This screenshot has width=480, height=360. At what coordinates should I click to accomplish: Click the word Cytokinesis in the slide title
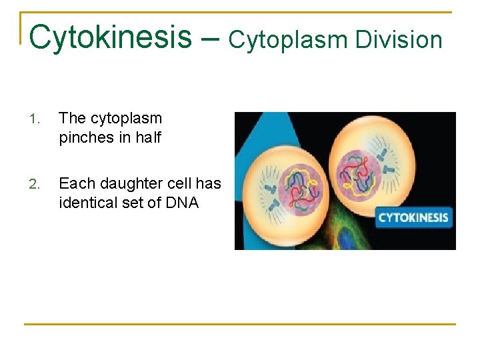tap(111, 37)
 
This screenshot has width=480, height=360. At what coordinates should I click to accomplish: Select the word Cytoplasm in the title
tap(288, 40)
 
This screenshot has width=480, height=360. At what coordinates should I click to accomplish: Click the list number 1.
tap(35, 119)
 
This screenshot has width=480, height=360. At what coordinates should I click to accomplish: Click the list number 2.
tap(35, 184)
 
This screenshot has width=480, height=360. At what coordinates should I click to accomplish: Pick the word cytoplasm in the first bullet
tap(125, 119)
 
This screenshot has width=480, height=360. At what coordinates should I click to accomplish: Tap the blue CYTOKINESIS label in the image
tap(413, 217)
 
